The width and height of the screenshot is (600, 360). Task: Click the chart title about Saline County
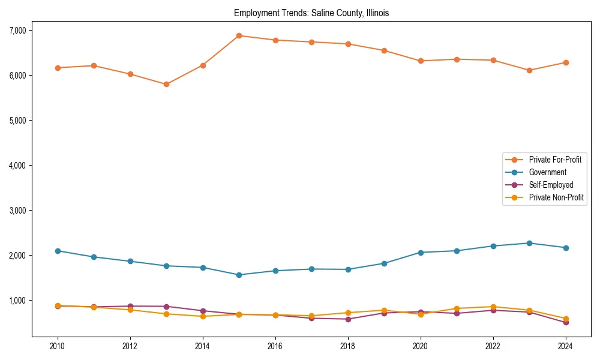tap(311, 13)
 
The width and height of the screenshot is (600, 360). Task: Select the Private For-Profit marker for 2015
tap(239, 35)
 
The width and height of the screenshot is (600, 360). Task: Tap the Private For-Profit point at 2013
tap(166, 84)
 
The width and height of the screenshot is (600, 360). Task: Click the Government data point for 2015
tap(239, 275)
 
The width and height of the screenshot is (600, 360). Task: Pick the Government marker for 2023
tap(529, 243)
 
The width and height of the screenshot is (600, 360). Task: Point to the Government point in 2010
tap(58, 251)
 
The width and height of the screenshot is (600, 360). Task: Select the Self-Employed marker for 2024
tap(566, 323)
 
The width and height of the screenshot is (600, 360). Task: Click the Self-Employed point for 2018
tap(348, 319)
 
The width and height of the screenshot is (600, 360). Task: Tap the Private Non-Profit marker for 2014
tap(203, 316)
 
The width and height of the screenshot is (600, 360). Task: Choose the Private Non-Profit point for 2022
tap(493, 307)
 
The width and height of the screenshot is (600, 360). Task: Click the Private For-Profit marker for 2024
tap(566, 62)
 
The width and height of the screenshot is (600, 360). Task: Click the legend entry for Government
tap(547, 172)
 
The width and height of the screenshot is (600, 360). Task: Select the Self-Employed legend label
tap(551, 185)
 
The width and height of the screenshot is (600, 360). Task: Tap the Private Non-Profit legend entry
tap(556, 197)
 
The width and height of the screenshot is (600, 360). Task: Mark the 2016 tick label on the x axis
tap(275, 346)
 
